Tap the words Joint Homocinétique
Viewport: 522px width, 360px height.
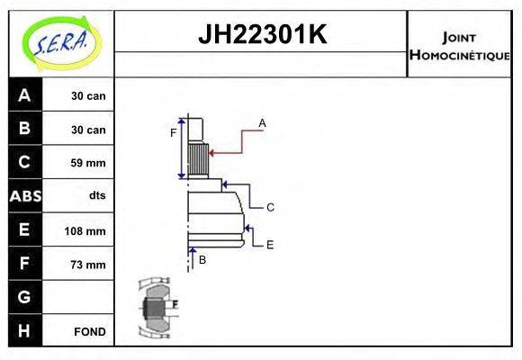[459, 45]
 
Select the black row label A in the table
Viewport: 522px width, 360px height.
[24, 95]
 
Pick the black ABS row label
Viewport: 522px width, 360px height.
[24, 196]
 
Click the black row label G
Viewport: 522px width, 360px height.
[24, 297]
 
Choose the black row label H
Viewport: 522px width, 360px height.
[24, 331]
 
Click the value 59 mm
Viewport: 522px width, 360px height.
[88, 163]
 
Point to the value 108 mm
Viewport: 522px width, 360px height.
[85, 230]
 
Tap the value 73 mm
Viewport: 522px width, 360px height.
[88, 265]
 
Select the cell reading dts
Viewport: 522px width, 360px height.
[96, 196]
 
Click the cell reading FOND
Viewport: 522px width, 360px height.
[90, 331]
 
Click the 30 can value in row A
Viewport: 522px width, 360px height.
[88, 95]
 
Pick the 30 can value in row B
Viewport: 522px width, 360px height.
[88, 130]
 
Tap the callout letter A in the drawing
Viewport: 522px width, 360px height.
[262, 122]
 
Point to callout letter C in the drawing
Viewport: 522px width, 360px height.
[269, 207]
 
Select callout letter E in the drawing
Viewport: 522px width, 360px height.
[269, 244]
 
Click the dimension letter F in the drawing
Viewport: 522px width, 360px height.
[174, 133]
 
